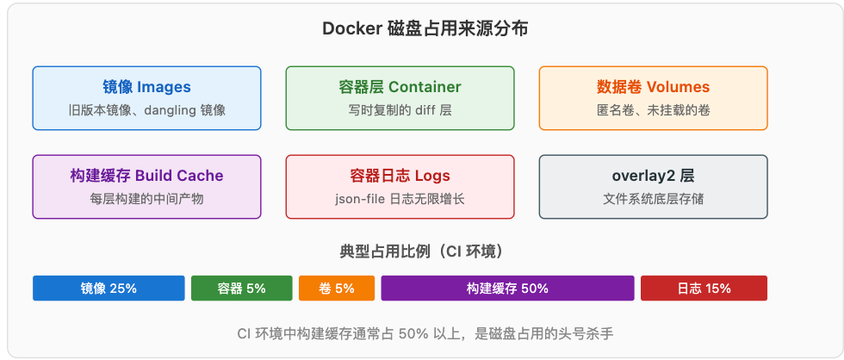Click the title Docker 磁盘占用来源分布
click(425, 28)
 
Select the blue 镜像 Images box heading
click(146, 87)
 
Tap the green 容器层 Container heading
click(400, 87)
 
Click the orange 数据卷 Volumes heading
click(653, 87)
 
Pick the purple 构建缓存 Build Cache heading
click(146, 176)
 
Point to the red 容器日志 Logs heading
click(400, 176)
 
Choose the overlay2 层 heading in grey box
click(653, 176)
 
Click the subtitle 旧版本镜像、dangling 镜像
click(146, 110)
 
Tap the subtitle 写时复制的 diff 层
click(400, 110)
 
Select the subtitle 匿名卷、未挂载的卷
click(653, 110)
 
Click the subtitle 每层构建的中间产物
click(146, 199)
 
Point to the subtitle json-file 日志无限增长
click(400, 199)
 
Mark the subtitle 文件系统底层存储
click(653, 199)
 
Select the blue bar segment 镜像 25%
click(109, 289)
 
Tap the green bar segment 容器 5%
click(242, 289)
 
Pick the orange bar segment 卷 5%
click(337, 289)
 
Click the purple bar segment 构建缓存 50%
click(507, 289)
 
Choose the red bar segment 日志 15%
click(704, 289)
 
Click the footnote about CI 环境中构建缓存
click(425, 334)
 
